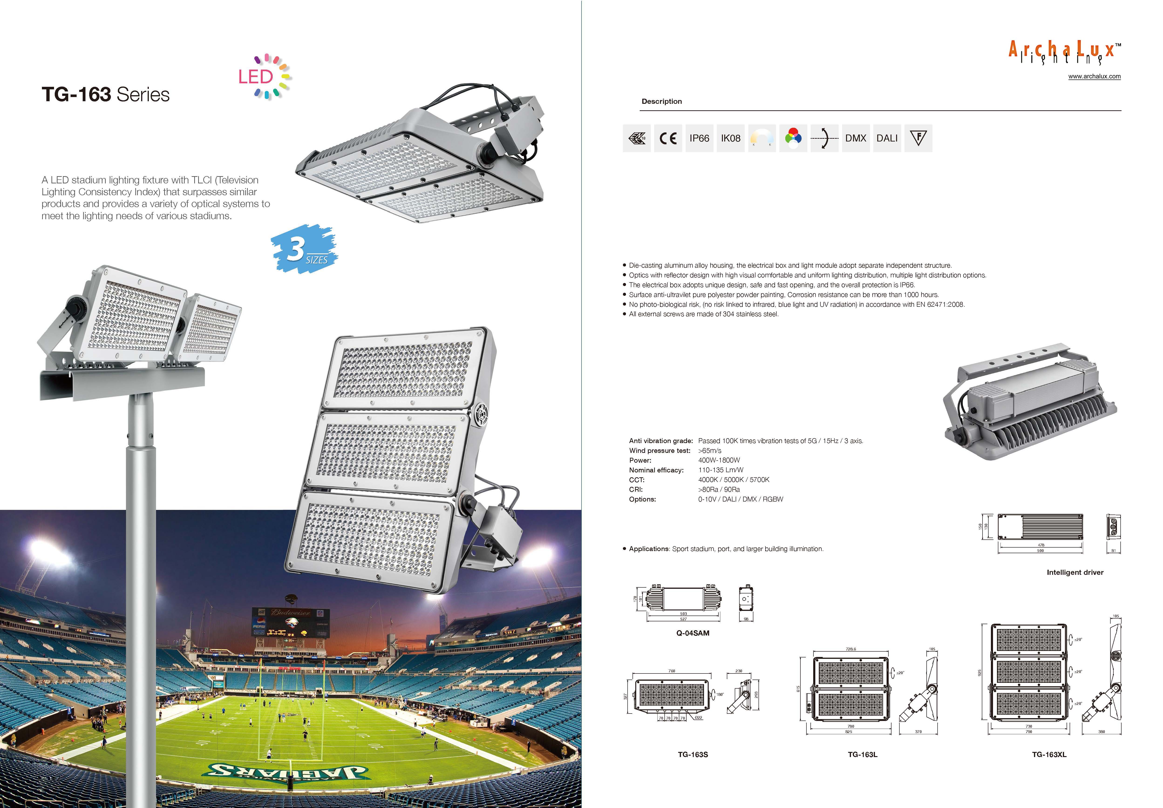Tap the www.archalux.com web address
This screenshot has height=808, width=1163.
pos(1094,76)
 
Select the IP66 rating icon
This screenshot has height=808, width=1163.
pos(699,138)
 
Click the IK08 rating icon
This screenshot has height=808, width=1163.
pos(730,138)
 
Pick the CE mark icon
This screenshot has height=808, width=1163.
pos(668,138)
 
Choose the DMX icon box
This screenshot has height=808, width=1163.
pos(856,138)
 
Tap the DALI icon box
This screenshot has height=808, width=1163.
pos(887,138)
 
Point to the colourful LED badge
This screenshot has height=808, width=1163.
pos(264,77)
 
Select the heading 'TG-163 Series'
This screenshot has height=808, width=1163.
pos(105,95)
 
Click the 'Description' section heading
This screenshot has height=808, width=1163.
pos(662,101)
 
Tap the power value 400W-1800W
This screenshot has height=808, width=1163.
pos(719,460)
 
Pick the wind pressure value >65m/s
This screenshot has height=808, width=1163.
pos(710,451)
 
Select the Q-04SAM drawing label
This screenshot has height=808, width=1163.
pos(692,633)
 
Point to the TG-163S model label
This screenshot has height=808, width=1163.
pos(692,754)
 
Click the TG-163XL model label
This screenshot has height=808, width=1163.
pos(1049,754)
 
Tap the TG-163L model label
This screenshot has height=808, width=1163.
pos(862,754)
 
